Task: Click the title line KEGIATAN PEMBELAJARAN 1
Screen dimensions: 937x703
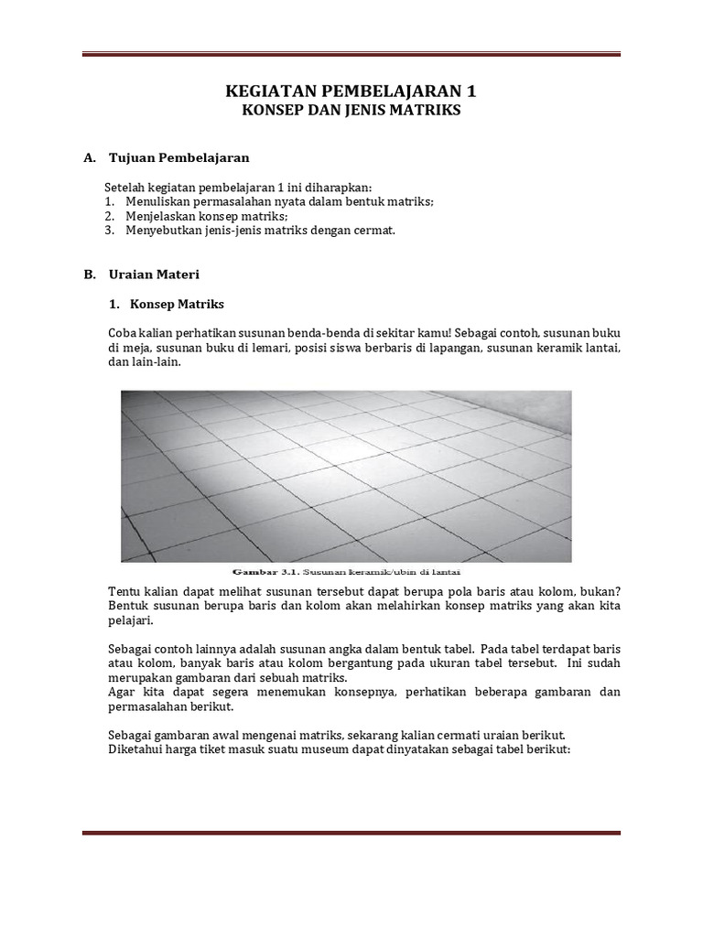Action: point(351,92)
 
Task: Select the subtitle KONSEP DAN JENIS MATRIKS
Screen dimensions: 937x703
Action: point(351,110)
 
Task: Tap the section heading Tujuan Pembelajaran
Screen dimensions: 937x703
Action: point(178,157)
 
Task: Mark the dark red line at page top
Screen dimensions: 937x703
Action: point(351,55)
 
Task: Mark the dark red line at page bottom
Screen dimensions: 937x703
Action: point(351,833)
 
